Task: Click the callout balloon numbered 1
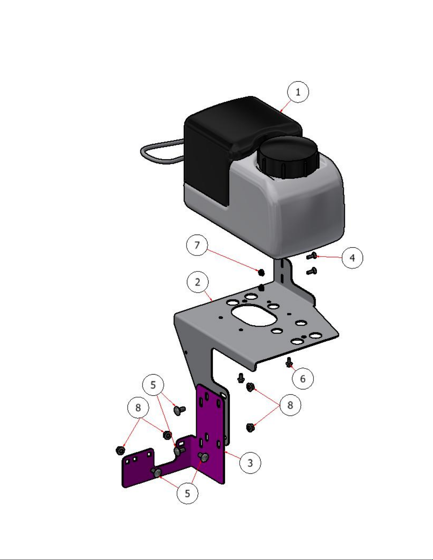pos(298,92)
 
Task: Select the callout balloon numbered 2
pos(198,282)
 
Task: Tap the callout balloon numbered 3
pos(250,463)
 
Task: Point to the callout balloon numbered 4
pos(352,258)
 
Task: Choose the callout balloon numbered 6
pos(303,378)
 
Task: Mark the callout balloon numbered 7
pos(197,245)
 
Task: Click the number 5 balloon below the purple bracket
pos(188,494)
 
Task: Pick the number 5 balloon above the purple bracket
pos(153,385)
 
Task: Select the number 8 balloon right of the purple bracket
pos(290,405)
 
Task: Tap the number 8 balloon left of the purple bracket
pos(138,407)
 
